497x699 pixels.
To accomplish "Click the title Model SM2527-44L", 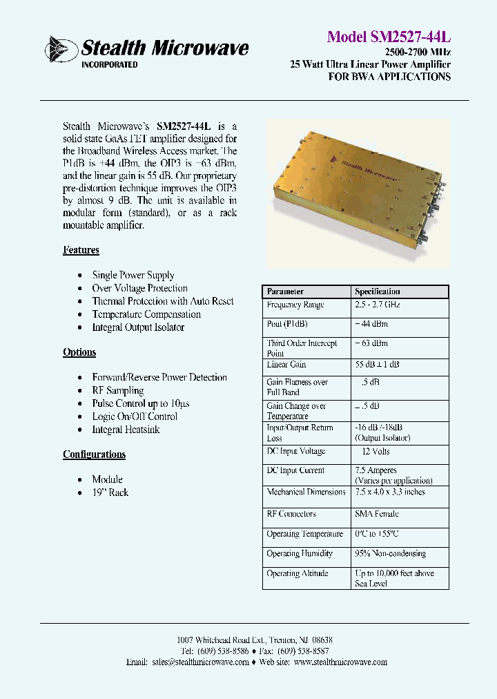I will [x=389, y=37].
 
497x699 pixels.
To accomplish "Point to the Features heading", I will [x=81, y=250].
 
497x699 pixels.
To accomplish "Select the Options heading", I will [x=79, y=352].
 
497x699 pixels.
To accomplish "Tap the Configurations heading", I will [x=94, y=454].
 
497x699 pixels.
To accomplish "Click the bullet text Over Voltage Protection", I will [x=139, y=288].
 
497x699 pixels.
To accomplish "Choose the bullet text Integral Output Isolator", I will [x=138, y=327].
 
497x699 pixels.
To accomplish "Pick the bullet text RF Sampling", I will [x=117, y=390].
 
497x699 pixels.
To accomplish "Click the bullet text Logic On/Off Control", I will [x=135, y=416].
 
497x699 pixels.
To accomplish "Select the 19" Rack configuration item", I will [x=110, y=492].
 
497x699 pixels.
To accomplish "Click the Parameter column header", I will [x=285, y=291].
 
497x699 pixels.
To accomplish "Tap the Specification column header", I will [x=377, y=291].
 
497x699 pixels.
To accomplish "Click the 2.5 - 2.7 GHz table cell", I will [x=377, y=305].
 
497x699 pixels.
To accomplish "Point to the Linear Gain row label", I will [x=286, y=364].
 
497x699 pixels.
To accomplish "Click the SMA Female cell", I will [x=376, y=514].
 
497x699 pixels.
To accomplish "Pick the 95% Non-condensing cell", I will [x=390, y=553].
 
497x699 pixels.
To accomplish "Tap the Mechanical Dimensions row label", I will [x=306, y=492].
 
